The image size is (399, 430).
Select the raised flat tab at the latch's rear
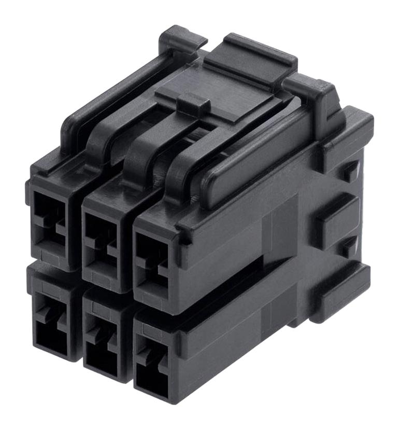click(251, 60)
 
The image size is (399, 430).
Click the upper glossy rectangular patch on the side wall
click(280, 228)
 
